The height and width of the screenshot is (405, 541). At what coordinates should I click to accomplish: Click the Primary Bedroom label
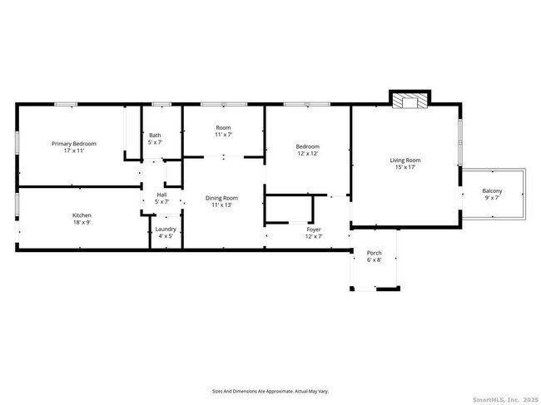pyautogui.click(x=74, y=144)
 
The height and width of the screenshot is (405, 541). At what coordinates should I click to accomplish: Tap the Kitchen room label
pyautogui.click(x=82, y=215)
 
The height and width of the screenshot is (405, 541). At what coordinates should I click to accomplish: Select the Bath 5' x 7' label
pyautogui.click(x=155, y=139)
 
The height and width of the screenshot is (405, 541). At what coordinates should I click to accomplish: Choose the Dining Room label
pyautogui.click(x=222, y=198)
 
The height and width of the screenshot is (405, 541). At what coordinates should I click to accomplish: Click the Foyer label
pyautogui.click(x=314, y=229)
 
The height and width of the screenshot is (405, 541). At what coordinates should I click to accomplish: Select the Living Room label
pyautogui.click(x=405, y=161)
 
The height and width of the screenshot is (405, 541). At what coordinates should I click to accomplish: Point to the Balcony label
pyautogui.click(x=492, y=191)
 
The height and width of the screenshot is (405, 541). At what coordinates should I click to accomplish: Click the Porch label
pyautogui.click(x=374, y=253)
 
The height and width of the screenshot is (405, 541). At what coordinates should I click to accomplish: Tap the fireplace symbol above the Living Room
pyautogui.click(x=408, y=101)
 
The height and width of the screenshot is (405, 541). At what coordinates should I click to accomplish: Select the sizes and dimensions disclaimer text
pyautogui.click(x=270, y=389)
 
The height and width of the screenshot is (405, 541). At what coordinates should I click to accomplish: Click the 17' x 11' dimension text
pyautogui.click(x=74, y=151)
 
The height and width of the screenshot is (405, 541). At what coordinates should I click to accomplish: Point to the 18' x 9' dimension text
pyautogui.click(x=82, y=223)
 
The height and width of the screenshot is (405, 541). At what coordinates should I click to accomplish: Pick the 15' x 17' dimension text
pyautogui.click(x=405, y=167)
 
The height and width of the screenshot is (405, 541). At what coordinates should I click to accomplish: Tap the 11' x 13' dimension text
pyautogui.click(x=222, y=205)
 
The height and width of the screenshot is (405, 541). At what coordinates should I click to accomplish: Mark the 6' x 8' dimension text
pyautogui.click(x=374, y=260)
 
